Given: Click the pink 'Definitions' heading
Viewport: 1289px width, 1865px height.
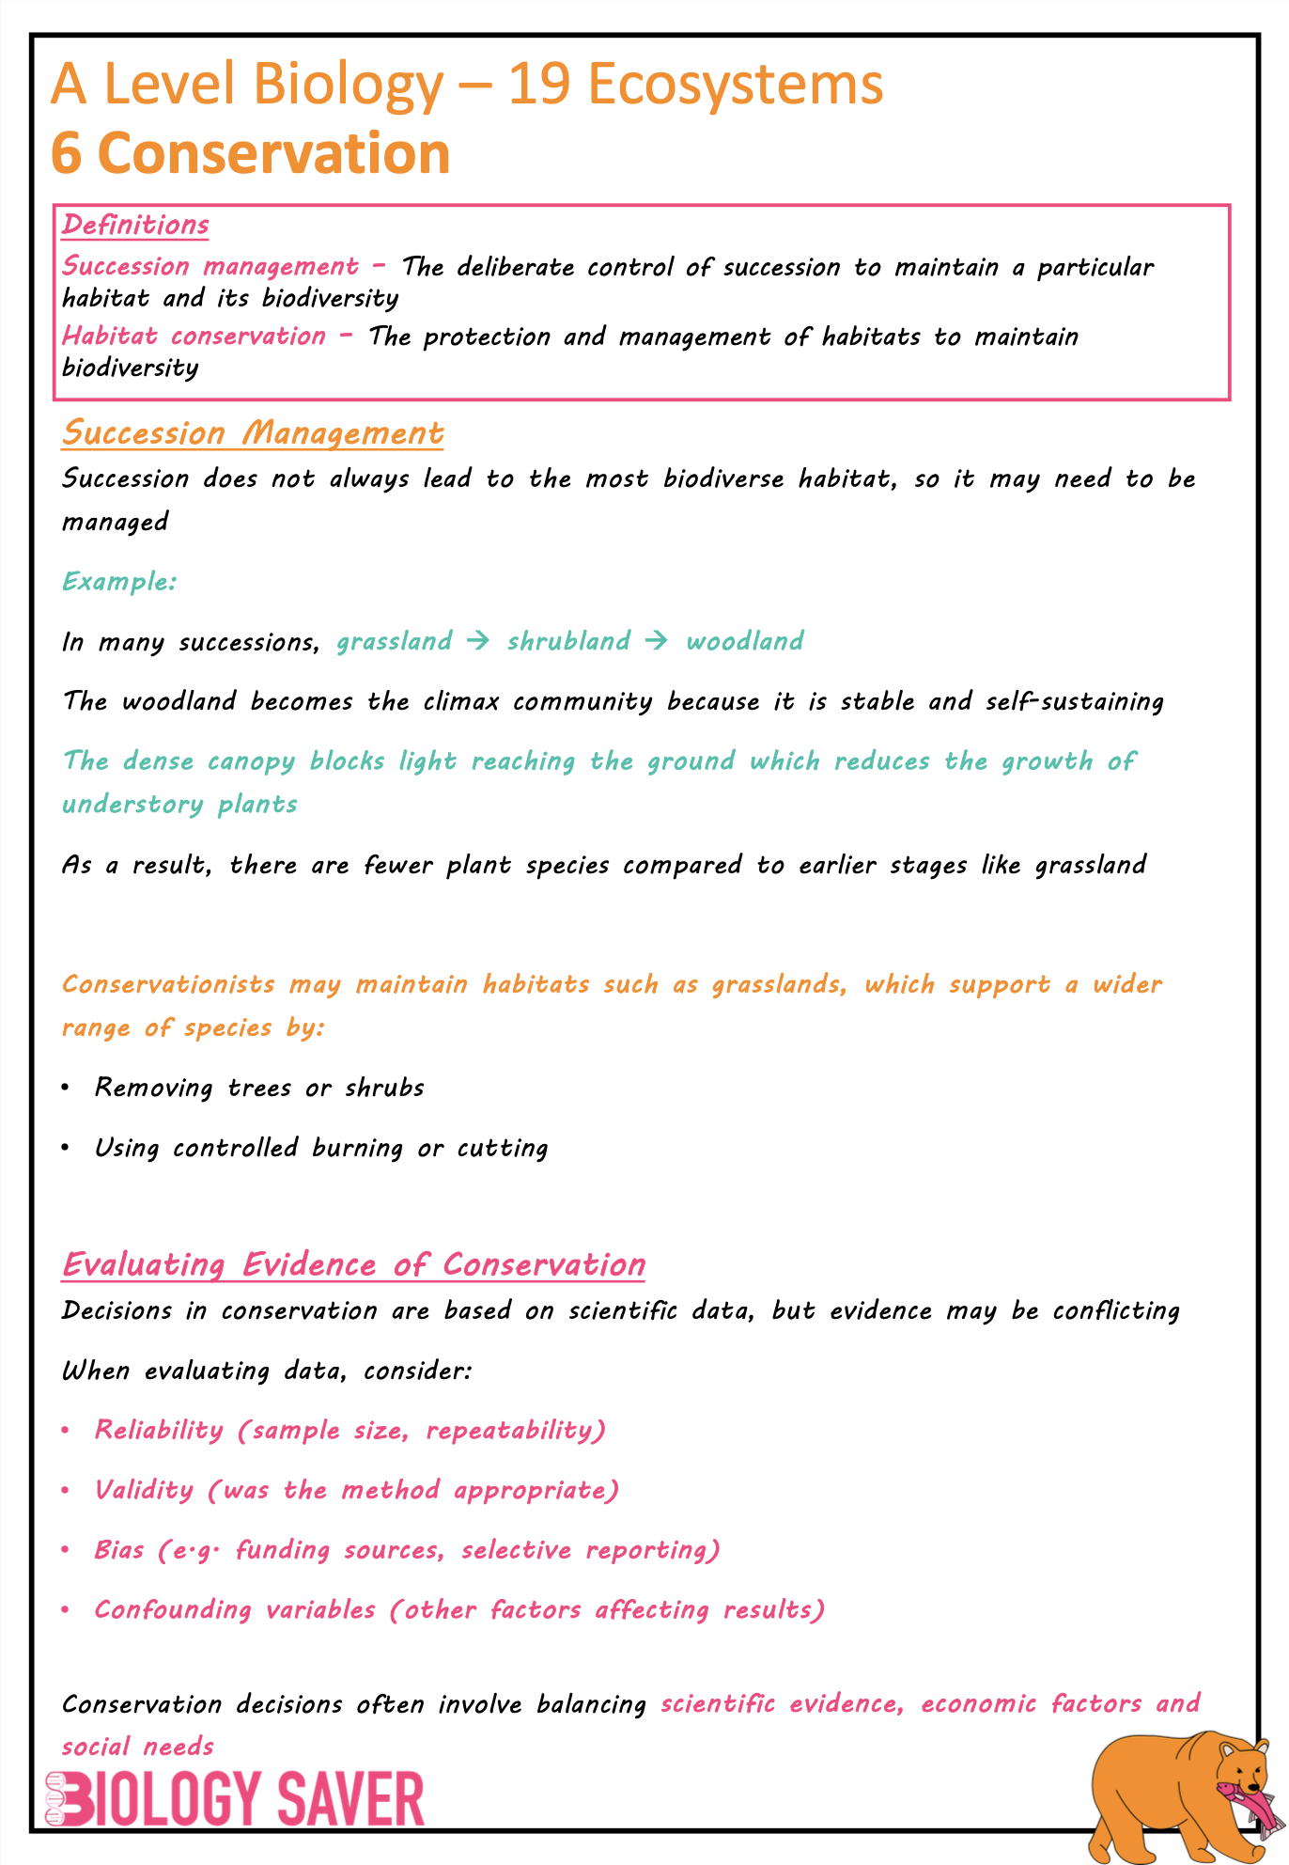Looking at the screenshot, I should tap(135, 226).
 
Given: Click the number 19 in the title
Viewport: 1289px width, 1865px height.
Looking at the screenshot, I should tap(539, 85).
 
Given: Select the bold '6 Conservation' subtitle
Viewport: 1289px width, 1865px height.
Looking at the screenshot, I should tap(250, 153).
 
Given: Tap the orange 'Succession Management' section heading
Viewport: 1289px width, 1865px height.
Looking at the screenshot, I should tap(253, 433).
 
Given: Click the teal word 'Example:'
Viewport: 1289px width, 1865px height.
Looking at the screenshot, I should tap(119, 582).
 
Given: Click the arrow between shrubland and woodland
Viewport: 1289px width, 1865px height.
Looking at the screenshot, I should tap(657, 641).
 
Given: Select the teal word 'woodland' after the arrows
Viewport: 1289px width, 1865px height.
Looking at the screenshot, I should tap(744, 641).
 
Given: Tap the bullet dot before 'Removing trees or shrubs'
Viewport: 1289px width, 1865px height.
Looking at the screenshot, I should tap(65, 1088).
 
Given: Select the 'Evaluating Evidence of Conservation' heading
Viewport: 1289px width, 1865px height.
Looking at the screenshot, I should tap(353, 1265).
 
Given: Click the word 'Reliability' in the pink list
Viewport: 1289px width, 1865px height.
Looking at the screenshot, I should tap(159, 1431).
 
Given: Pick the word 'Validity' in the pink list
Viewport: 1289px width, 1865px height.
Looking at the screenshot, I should tap(144, 1491).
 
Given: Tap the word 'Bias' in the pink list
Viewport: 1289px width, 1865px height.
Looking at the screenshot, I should tap(119, 1550).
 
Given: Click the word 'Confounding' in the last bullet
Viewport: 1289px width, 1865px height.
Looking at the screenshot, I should tap(173, 1610).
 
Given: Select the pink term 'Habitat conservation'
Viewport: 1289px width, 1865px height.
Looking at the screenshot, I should tap(194, 337).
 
